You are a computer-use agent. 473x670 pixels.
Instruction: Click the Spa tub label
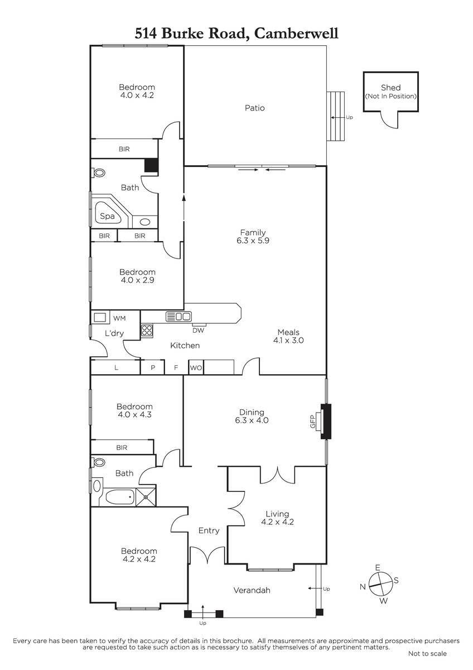tap(107, 216)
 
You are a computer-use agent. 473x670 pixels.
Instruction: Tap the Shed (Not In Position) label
tap(390, 92)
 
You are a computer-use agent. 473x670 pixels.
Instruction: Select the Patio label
tap(254, 108)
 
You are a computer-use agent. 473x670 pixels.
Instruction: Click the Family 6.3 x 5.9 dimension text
tap(253, 240)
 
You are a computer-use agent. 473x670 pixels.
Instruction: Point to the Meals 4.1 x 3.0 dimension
tap(288, 340)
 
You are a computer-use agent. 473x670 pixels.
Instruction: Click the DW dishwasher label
tap(198, 330)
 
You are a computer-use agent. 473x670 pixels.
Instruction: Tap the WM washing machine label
tap(119, 318)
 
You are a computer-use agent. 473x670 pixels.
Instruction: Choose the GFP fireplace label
tap(312, 422)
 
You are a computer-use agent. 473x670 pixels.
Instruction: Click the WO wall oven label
tap(196, 368)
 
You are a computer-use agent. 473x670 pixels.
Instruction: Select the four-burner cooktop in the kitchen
tap(147, 331)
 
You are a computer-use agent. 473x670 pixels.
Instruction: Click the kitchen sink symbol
tap(178, 317)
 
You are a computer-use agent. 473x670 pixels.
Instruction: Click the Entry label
tap(209, 530)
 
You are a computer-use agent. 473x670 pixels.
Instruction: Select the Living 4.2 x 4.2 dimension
tap(277, 522)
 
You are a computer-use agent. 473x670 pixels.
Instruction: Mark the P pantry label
tap(153, 367)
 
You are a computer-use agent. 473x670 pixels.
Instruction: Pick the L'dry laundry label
tap(114, 333)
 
